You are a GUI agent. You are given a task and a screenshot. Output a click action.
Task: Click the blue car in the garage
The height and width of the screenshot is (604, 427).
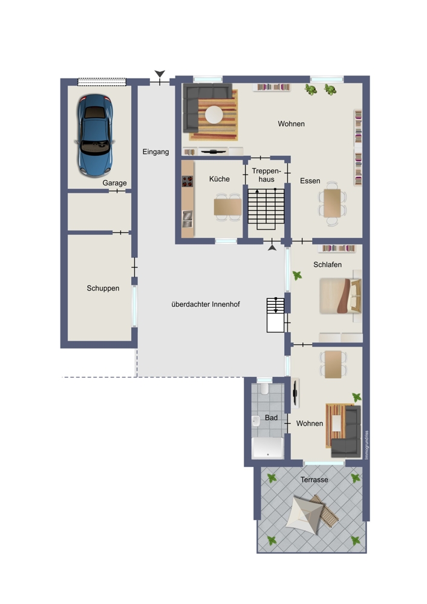tap(95, 135)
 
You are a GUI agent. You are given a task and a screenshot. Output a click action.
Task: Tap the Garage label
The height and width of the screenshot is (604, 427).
tap(114, 183)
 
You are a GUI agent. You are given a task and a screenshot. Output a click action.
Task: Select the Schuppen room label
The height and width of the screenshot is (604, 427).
tap(103, 288)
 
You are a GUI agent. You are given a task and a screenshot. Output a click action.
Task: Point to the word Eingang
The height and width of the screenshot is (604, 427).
tap(155, 152)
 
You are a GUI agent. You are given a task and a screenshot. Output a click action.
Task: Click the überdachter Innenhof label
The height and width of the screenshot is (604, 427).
tap(206, 304)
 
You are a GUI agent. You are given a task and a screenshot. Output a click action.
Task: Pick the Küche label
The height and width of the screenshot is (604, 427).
tap(220, 179)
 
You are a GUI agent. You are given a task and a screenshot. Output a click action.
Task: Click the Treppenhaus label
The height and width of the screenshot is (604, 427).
tap(267, 175)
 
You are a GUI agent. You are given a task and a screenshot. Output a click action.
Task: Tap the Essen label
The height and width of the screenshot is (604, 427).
tap(310, 181)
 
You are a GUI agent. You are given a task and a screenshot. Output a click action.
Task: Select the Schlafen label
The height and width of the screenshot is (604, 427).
tap(327, 265)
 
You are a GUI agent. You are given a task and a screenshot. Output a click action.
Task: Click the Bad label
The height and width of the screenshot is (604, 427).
tap(271, 417)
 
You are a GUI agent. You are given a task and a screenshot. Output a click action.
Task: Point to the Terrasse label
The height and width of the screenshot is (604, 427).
tap(315, 480)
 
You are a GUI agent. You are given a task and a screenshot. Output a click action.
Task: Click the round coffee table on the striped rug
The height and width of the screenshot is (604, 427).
tap(213, 114)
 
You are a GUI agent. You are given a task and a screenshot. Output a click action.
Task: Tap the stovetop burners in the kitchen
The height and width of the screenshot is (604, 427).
tap(187, 181)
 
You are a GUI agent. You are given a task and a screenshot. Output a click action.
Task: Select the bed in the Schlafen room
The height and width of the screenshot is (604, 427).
tap(341, 296)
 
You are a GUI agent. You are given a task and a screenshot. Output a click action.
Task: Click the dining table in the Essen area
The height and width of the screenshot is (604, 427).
tap(332, 204)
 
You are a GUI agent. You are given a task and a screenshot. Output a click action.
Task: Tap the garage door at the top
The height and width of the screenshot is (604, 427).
tap(102, 82)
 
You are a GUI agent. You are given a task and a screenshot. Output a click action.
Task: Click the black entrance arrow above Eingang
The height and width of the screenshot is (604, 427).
tap(160, 74)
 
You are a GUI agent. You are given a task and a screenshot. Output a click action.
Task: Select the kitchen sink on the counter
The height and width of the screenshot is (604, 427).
tap(187, 219)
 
